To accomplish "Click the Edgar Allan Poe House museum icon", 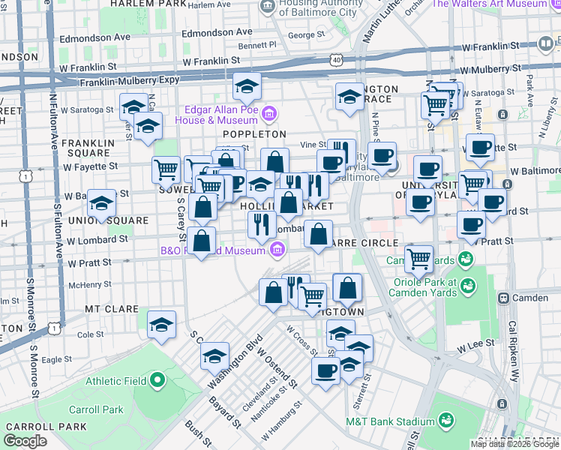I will pyautogui.click(x=270, y=115).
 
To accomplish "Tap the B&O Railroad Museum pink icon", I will pyautogui.click(x=277, y=249).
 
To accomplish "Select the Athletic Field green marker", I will pyautogui.click(x=157, y=381).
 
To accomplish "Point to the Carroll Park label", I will pyautogui.click(x=95, y=410).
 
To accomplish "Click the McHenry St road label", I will pyautogui.click(x=91, y=285).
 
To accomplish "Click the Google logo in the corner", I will pyautogui.click(x=25, y=441).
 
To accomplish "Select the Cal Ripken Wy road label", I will pyautogui.click(x=514, y=352).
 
